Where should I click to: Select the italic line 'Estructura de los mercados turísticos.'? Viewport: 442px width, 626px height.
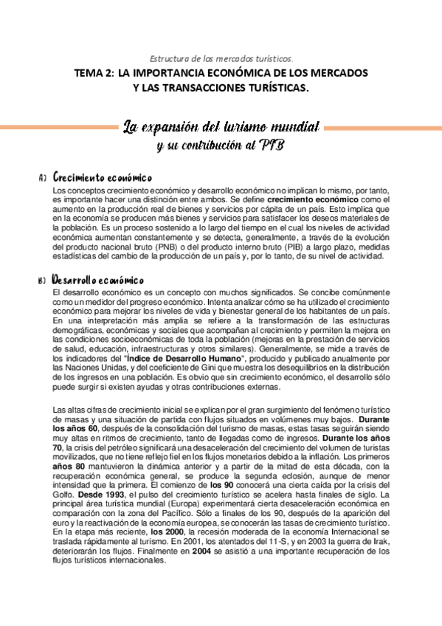pos(221,58)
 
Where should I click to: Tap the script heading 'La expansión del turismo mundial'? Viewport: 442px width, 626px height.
pos(221,126)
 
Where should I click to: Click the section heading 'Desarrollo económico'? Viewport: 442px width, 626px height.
pos(98,281)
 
